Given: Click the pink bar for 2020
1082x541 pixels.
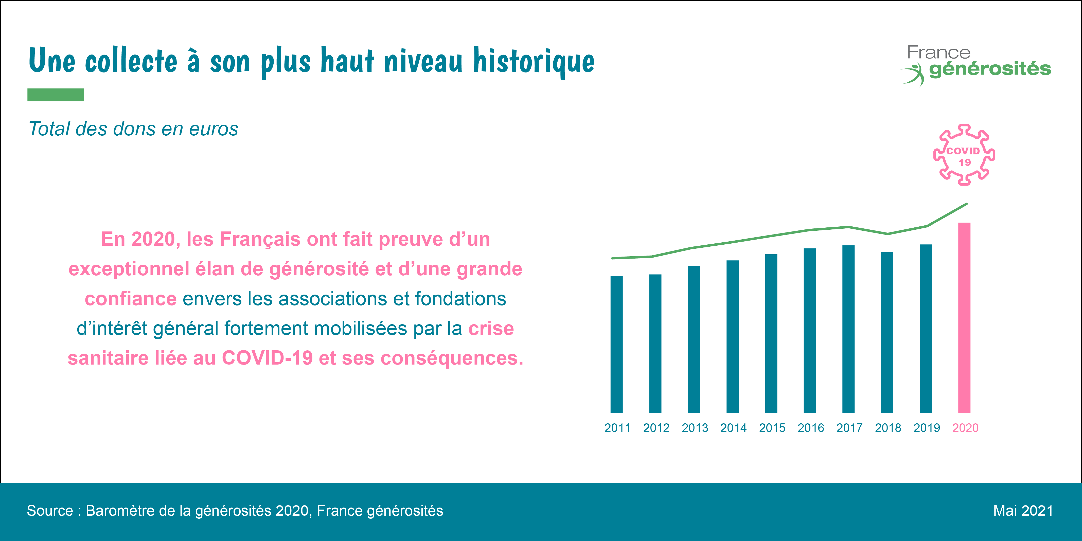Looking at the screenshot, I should pyautogui.click(x=964, y=318).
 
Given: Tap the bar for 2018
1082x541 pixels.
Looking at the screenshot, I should pyautogui.click(x=887, y=332).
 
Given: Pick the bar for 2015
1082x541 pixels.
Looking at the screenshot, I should pyautogui.click(x=771, y=334).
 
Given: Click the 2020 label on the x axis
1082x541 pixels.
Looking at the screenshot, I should pyautogui.click(x=965, y=428).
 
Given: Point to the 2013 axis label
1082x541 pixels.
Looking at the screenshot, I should pyautogui.click(x=695, y=428).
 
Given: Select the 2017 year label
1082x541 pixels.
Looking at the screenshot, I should pyautogui.click(x=849, y=428).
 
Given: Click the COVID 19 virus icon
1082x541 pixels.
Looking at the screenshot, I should pyautogui.click(x=964, y=155).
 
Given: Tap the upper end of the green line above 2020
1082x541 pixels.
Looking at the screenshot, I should pyautogui.click(x=966, y=204).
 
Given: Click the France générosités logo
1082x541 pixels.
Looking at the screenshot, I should pyautogui.click(x=977, y=65).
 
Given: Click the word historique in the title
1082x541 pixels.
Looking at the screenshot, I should pyautogui.click(x=534, y=62).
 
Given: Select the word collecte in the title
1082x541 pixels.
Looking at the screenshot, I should pyautogui.click(x=131, y=62).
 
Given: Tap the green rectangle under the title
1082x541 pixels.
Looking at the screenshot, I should pyautogui.click(x=56, y=95).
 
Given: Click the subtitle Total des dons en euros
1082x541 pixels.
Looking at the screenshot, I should pyautogui.click(x=133, y=129).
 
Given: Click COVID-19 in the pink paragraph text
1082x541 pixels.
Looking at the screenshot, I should pyautogui.click(x=267, y=358).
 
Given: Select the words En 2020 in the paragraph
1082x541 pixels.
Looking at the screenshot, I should pyautogui.click(x=138, y=239).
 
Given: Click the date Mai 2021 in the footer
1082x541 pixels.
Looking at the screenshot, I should pyautogui.click(x=1023, y=511).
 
